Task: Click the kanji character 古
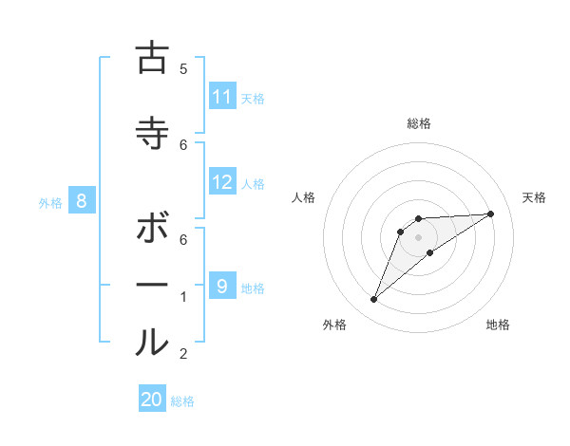click(x=152, y=58)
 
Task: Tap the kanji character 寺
click(x=152, y=133)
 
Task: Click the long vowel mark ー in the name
click(x=152, y=285)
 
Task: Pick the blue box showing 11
click(x=222, y=97)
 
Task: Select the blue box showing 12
click(x=222, y=182)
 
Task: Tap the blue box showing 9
click(x=222, y=286)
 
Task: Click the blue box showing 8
click(x=82, y=201)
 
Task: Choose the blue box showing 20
click(x=152, y=400)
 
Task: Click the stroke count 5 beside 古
click(x=183, y=68)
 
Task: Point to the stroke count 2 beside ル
click(x=183, y=354)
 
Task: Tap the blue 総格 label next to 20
click(x=182, y=401)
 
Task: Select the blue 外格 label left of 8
click(x=49, y=202)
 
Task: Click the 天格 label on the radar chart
click(x=534, y=197)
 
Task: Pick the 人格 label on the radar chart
click(x=304, y=197)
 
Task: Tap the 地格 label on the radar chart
click(x=498, y=325)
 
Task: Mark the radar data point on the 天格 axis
click(x=490, y=214)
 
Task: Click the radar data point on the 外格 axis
click(x=374, y=300)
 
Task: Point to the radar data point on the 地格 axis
click(x=430, y=252)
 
